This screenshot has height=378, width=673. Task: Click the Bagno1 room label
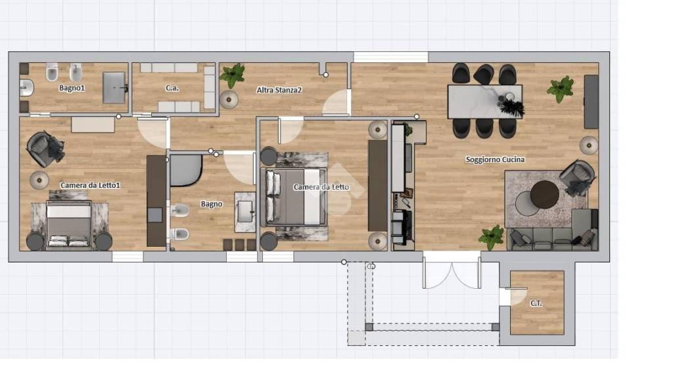pyautogui.click(x=72, y=89)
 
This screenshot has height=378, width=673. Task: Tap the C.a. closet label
pyautogui.click(x=172, y=88)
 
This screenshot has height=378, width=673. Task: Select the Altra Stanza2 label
pyautogui.click(x=279, y=90)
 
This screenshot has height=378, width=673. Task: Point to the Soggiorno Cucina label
pyautogui.click(x=495, y=159)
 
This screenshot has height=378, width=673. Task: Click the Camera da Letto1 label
pyautogui.click(x=90, y=185)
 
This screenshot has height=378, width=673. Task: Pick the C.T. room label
pyautogui.click(x=536, y=303)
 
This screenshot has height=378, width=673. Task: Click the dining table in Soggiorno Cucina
pyautogui.click(x=484, y=102)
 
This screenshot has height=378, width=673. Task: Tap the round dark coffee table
pyautogui.click(x=545, y=194)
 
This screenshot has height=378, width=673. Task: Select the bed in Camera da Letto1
pyautogui.click(x=68, y=224)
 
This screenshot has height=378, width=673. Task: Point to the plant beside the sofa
pyautogui.click(x=492, y=238)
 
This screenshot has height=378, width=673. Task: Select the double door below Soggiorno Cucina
pyautogui.click(x=452, y=270)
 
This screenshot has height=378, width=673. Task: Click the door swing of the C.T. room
pyautogui.click(x=519, y=296)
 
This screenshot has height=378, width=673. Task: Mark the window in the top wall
pyautogui.click(x=390, y=57)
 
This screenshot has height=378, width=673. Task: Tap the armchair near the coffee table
pyautogui.click(x=577, y=178)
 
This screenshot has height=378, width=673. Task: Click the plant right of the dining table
pyautogui.click(x=561, y=89)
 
